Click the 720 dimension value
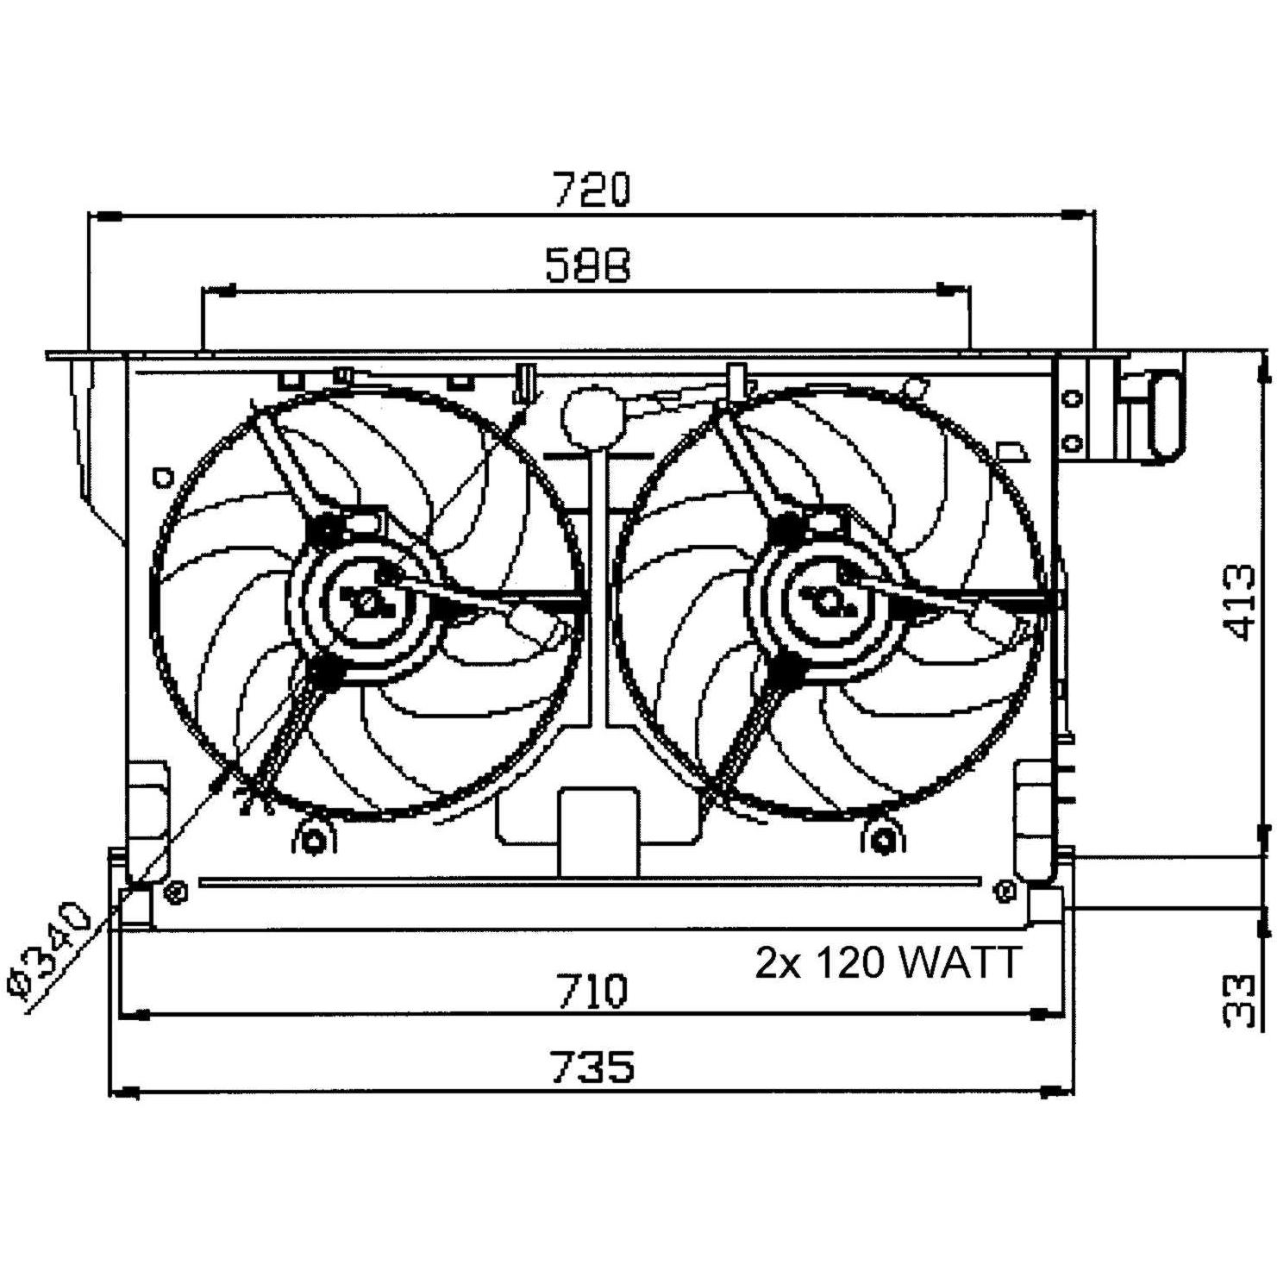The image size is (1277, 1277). click(x=592, y=190)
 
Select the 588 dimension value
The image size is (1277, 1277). click(x=589, y=266)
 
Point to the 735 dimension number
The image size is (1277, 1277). click(x=593, y=1067)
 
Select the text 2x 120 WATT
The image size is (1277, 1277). click(x=888, y=962)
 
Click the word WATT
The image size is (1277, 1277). click(x=960, y=962)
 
